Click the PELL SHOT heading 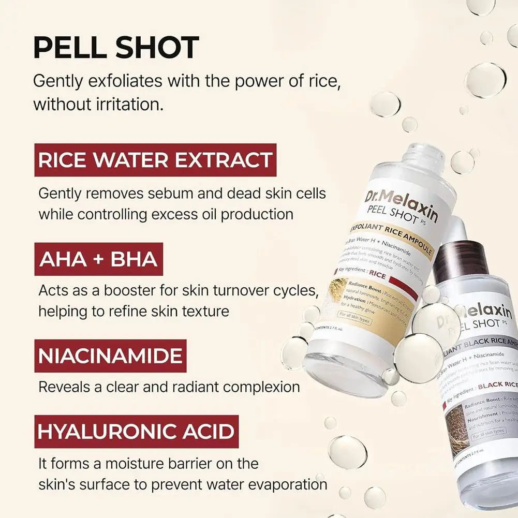[116, 48]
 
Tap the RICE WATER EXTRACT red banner [155, 160]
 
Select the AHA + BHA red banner [98, 259]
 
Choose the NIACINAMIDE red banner [110, 356]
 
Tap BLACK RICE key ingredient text [496, 386]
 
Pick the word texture [202, 312]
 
